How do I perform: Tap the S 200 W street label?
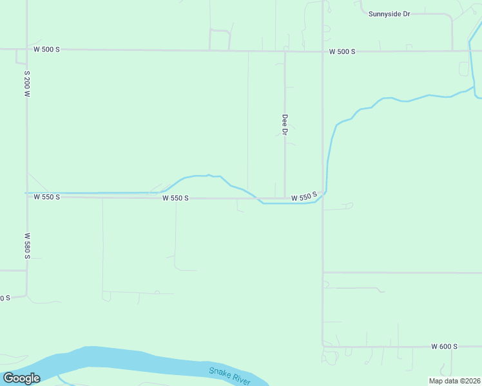[27, 84]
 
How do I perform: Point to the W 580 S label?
[27, 246]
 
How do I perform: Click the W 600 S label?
[444, 346]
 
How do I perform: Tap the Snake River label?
[229, 376]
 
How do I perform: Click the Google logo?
[21, 378]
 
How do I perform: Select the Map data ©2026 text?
[455, 381]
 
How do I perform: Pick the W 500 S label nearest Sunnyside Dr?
[342, 51]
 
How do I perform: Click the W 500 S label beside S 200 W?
[46, 50]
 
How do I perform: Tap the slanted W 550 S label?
[304, 197]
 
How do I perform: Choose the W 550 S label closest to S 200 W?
[46, 197]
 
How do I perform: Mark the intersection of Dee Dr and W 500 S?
[285, 51]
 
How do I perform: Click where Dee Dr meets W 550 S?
[285, 198]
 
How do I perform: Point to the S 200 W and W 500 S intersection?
[26, 50]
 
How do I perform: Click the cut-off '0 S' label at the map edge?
[5, 298]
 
